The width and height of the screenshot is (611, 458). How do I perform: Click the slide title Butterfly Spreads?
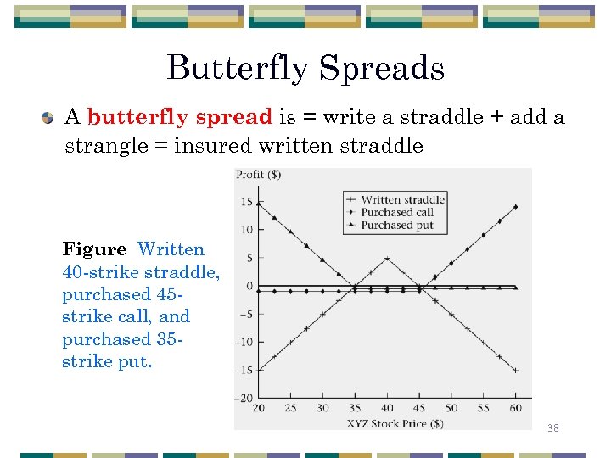click(x=305, y=68)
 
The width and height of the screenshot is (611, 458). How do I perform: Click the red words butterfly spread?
click(x=179, y=116)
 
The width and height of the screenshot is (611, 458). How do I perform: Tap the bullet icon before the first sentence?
click(x=49, y=117)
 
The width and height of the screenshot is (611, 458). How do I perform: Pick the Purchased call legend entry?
click(x=396, y=212)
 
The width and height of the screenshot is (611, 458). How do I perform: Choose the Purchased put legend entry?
click(x=396, y=225)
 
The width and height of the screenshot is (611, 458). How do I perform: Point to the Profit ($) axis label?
click(x=259, y=175)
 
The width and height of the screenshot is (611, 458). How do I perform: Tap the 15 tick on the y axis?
click(x=246, y=202)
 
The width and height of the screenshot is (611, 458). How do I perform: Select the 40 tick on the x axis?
click(x=387, y=408)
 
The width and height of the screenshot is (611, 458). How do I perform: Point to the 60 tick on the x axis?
click(x=516, y=408)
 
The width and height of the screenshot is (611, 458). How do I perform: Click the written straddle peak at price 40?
click(x=387, y=258)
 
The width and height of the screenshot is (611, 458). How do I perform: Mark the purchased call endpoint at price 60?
click(x=516, y=207)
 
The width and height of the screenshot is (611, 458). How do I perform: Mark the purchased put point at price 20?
click(x=259, y=203)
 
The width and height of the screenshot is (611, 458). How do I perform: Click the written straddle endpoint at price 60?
click(x=516, y=371)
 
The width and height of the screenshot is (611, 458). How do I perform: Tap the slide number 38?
click(x=552, y=428)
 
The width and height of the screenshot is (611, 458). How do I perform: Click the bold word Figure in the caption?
click(x=93, y=249)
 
